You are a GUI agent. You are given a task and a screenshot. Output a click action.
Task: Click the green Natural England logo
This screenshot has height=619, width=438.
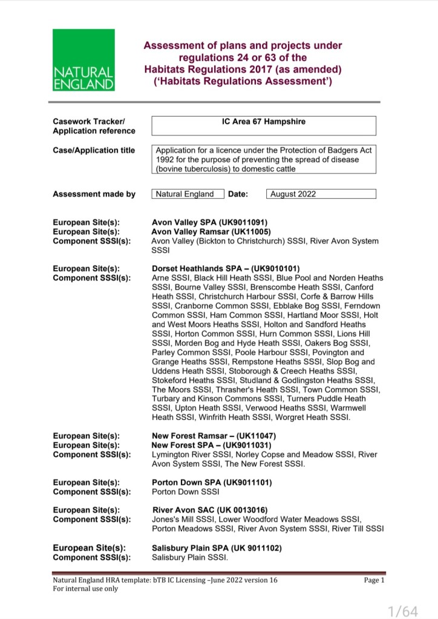tap(83, 60)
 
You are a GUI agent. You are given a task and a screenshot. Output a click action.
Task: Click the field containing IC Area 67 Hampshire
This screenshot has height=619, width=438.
tap(264, 125)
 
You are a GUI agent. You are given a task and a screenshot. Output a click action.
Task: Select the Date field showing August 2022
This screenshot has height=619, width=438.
tap(321, 194)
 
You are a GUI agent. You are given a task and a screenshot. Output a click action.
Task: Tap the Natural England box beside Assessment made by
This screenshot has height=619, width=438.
tap(185, 194)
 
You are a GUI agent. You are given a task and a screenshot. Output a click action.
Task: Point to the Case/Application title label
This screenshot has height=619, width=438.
tap(94, 151)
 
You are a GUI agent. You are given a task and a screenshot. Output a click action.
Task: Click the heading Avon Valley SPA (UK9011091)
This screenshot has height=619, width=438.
tap(209, 222)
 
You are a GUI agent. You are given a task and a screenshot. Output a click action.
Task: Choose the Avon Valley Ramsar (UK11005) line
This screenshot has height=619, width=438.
tap(211, 232)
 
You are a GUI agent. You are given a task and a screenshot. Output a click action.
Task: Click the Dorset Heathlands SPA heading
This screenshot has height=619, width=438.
tap(226, 268)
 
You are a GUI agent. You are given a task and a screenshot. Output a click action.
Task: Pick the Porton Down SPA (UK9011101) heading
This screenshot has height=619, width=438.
tap(212, 482)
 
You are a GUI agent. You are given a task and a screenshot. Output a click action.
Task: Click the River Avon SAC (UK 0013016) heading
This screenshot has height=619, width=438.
tap(210, 510)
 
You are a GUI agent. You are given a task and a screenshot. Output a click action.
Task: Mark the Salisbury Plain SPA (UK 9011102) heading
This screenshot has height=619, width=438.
tap(216, 548)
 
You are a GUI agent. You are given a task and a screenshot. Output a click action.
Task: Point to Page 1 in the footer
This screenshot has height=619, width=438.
tap(374, 580)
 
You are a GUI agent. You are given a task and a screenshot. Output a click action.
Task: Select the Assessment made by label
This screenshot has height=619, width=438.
tap(94, 194)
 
